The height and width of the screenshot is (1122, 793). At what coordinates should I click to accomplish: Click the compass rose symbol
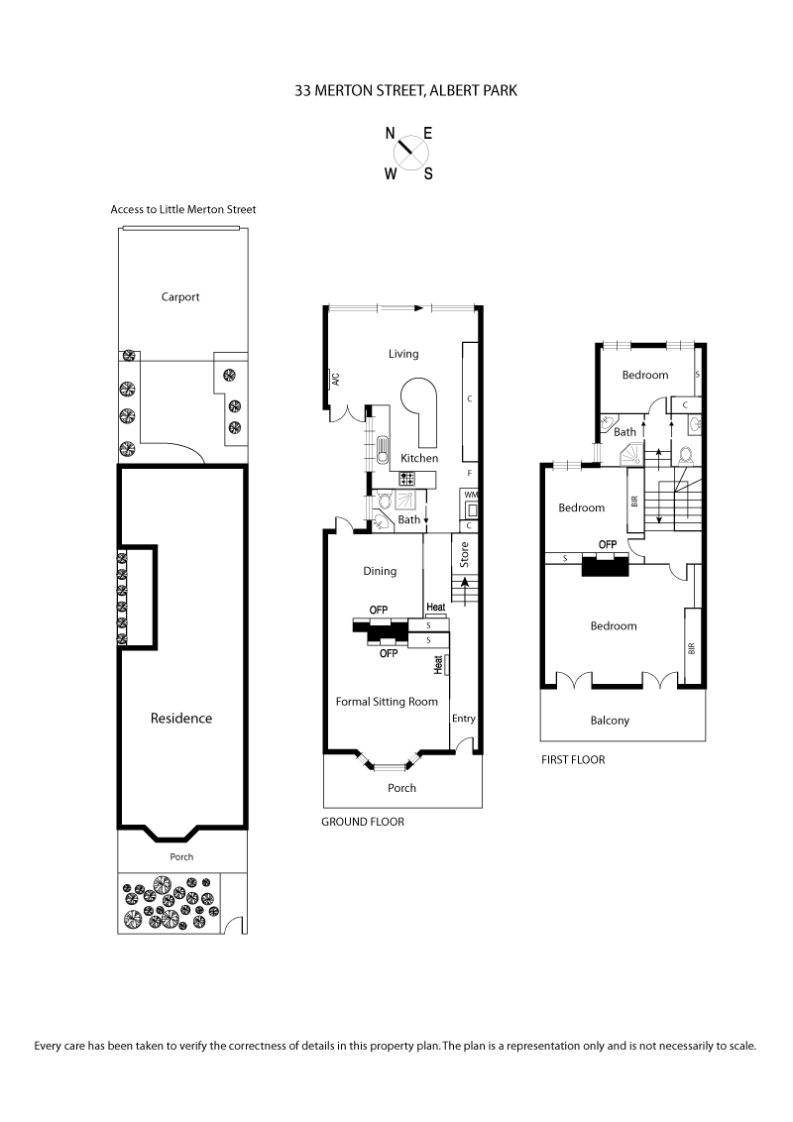408,153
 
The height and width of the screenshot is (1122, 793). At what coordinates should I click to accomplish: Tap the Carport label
181,296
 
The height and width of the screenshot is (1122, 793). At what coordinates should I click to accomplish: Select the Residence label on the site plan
181,718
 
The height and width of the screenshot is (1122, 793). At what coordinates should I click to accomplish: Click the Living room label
403,354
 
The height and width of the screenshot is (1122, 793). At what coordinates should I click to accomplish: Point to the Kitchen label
419,458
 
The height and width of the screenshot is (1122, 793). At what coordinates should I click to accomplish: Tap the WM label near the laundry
470,495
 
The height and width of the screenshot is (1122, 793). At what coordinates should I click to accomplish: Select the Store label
463,553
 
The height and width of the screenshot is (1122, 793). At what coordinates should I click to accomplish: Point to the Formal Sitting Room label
387,702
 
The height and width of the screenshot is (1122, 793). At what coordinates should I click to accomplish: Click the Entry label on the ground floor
463,718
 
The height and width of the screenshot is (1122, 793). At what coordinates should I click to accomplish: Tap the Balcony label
610,721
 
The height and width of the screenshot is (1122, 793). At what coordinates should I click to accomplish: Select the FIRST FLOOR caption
573,760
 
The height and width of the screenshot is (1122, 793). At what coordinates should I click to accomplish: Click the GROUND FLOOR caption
363,822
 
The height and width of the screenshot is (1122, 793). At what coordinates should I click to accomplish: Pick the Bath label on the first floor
624,432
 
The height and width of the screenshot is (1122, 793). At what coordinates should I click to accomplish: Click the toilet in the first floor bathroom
686,454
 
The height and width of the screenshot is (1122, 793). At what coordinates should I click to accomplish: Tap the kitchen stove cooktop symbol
406,478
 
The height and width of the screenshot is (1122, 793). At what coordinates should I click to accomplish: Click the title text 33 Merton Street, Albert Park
406,90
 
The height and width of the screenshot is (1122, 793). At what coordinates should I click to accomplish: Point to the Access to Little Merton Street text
183,209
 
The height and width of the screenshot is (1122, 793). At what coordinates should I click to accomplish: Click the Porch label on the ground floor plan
402,788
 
